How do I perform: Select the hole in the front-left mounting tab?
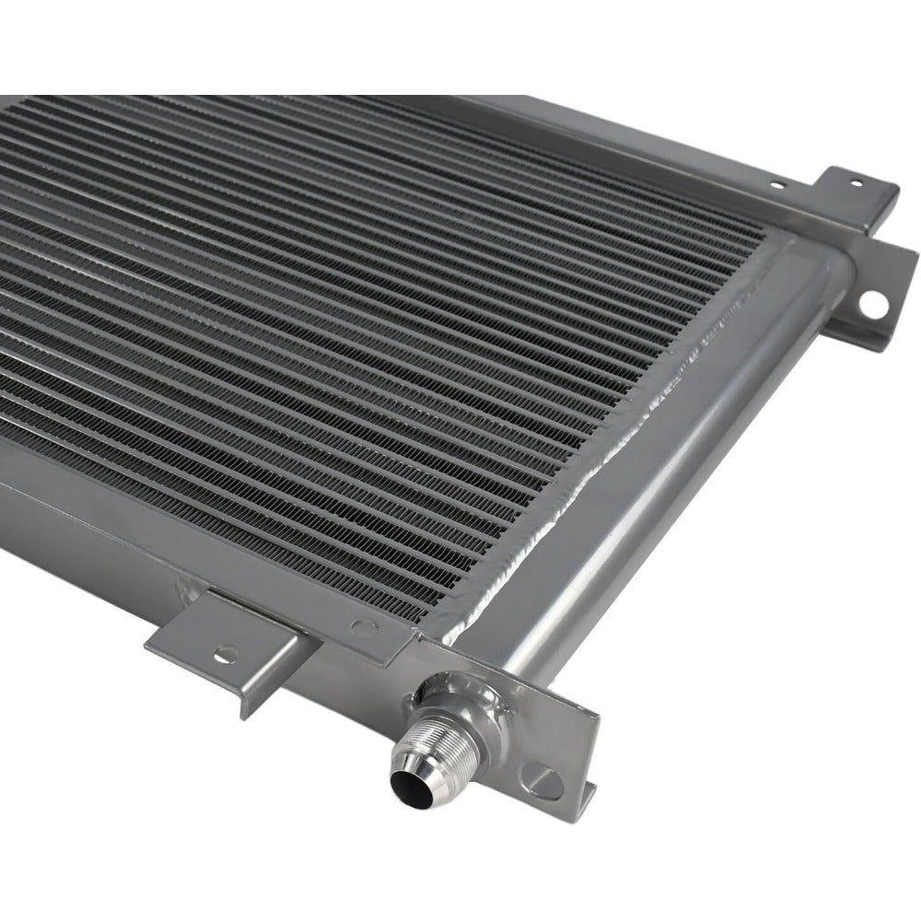(221, 656)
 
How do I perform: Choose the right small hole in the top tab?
(857, 182)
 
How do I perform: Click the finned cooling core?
(368, 322)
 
